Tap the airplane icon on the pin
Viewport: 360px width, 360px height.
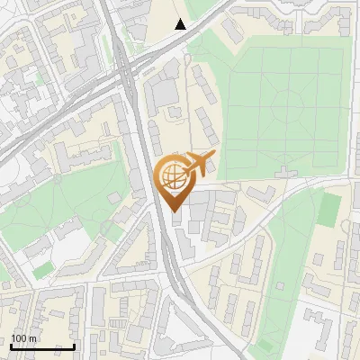pyautogui.click(x=198, y=163)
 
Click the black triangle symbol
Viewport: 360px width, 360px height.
pyautogui.click(x=181, y=24)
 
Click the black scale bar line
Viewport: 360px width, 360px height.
pyautogui.click(x=41, y=346)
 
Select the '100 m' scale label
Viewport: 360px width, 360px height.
pyautogui.click(x=24, y=338)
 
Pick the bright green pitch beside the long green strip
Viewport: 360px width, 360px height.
pyautogui.click(x=329, y=208)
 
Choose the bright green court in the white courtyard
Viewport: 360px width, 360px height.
pyautogui.click(x=42, y=269)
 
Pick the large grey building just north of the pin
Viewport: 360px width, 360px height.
pyautogui.click(x=163, y=91)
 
